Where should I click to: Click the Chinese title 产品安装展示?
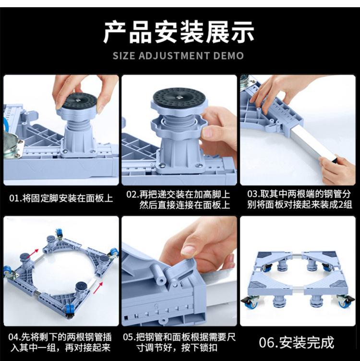[179, 33]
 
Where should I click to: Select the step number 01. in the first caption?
[15, 198]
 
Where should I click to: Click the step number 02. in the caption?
[132, 194]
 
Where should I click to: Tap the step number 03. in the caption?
[253, 194]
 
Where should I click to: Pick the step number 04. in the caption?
[14, 337]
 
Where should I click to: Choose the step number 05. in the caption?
[130, 337]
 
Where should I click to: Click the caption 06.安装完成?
[297, 342]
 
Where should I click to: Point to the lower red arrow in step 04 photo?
[98, 288]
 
